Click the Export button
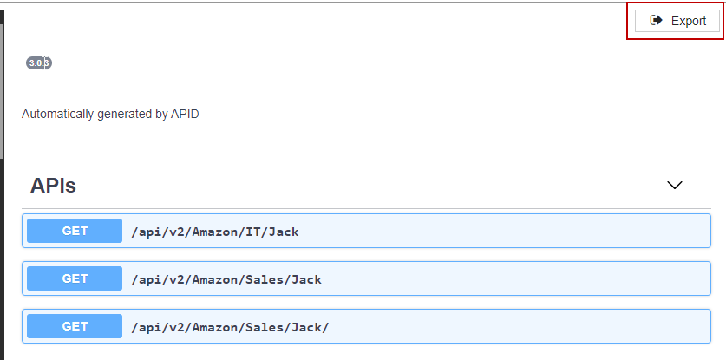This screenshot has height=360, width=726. coord(677,21)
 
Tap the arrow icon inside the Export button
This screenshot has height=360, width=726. coord(657,21)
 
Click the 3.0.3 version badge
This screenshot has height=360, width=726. coord(39,62)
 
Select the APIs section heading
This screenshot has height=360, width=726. coord(53,185)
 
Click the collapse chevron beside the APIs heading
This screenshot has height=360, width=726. coord(675,185)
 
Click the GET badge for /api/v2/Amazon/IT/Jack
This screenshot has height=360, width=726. coord(75,231)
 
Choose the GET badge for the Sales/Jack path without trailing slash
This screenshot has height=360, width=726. coord(75,278)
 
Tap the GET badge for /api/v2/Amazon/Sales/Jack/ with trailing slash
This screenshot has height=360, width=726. coord(75,326)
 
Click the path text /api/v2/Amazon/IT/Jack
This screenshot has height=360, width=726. coord(215,232)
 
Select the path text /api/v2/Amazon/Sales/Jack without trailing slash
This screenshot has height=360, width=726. coord(226,279)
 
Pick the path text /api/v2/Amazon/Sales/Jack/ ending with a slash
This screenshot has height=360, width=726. coord(230,327)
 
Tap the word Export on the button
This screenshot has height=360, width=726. coord(689,21)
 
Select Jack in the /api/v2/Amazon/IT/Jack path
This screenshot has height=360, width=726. coord(284,232)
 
